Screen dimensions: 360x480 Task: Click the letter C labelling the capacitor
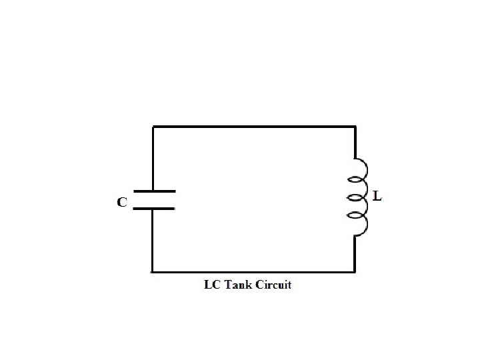[123, 201]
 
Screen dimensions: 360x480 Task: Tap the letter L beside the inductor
[377, 197]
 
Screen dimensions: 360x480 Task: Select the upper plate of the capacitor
[154, 191]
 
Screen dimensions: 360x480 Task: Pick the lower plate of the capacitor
[154, 209]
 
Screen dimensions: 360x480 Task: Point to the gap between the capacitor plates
[154, 200]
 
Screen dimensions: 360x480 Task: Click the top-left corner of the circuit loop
[153, 127]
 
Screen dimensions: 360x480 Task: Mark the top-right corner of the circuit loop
[354, 127]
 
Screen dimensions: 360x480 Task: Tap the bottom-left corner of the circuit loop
[153, 271]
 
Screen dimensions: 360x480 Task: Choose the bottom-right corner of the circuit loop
[354, 271]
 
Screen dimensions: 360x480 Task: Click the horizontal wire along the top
[253, 127]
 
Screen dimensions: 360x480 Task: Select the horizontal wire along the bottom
[253, 271]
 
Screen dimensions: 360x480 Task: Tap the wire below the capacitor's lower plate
[153, 240]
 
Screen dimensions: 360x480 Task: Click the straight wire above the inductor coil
[354, 142]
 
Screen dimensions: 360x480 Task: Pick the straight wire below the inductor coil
[354, 253]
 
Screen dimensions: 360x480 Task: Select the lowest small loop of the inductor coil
[361, 225]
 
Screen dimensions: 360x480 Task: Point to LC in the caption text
[210, 285]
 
